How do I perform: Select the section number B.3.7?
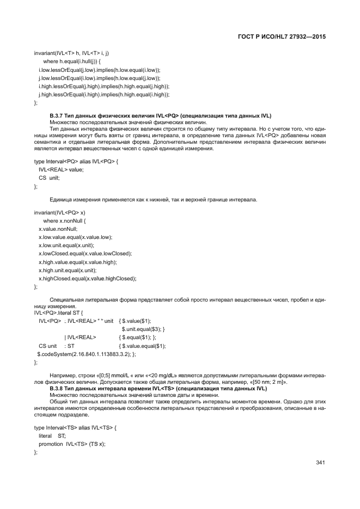pos(57,116)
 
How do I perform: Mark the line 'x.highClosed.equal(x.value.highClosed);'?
pos(87,278)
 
